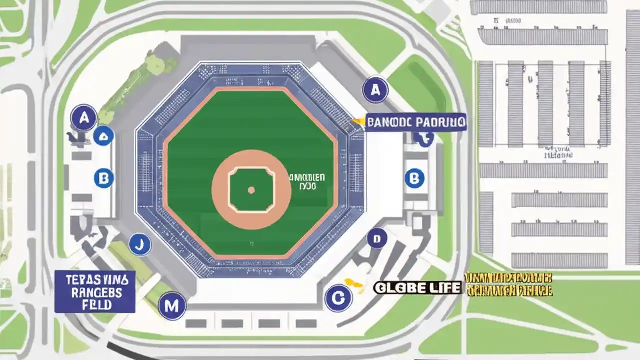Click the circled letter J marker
[x=140, y=245]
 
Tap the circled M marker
[x=172, y=306]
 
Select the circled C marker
[x=338, y=298]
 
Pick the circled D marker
[x=377, y=239]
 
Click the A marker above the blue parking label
[x=375, y=90]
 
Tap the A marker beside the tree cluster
[x=84, y=118]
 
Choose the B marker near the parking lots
[x=414, y=178]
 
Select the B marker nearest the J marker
[x=104, y=177]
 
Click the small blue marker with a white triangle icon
[x=103, y=136]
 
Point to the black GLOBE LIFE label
[x=417, y=287]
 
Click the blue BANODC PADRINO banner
[x=416, y=122]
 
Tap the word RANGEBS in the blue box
[x=93, y=292]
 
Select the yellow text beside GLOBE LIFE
[x=508, y=284]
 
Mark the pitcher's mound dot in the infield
[x=251, y=190]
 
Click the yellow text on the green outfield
[x=307, y=181]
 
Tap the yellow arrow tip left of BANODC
[x=355, y=120]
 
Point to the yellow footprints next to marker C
[x=353, y=283]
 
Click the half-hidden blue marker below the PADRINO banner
[x=426, y=139]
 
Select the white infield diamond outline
[x=251, y=189]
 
